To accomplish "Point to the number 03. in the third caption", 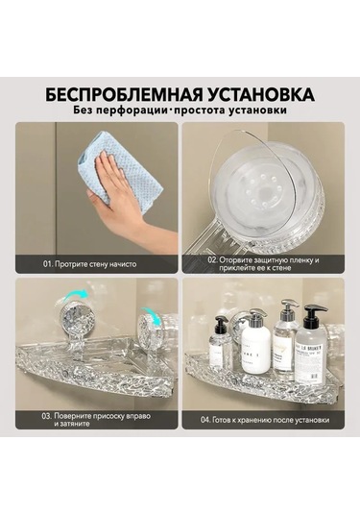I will point(47,416).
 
